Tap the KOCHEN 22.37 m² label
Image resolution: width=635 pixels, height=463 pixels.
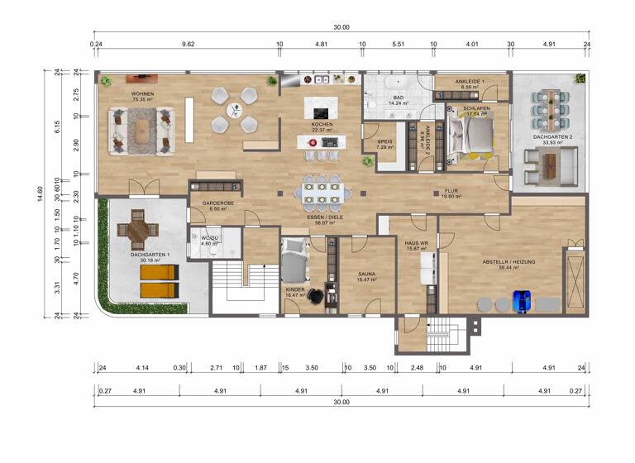322,126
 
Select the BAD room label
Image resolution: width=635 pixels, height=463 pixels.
398,100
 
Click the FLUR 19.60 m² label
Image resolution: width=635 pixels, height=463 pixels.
450,194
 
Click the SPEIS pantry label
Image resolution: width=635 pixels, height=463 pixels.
384,144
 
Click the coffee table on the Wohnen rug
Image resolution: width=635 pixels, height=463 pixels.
146,129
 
